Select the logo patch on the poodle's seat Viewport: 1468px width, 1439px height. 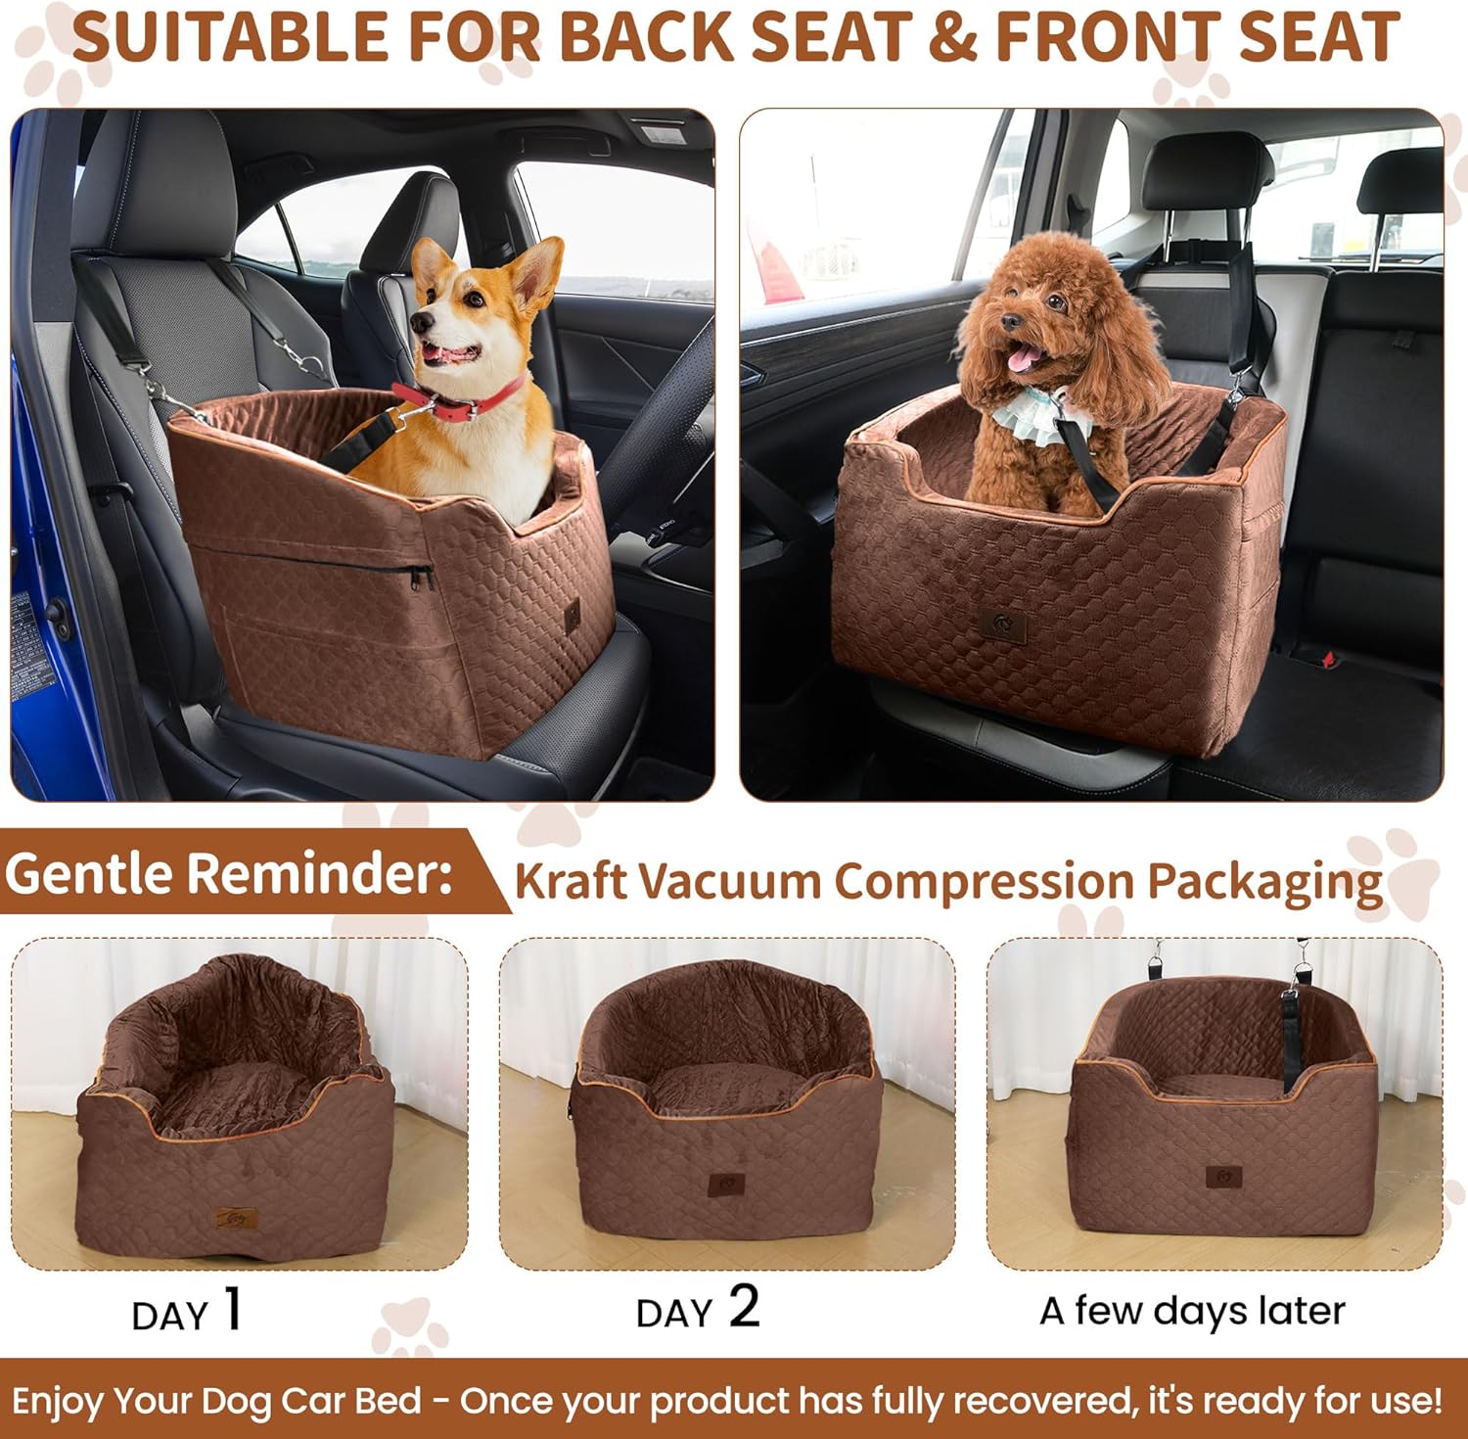pyautogui.click(x=1003, y=627)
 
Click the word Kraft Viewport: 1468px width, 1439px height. pyautogui.click(x=570, y=881)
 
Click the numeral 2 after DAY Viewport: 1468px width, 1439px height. pyautogui.click(x=744, y=1308)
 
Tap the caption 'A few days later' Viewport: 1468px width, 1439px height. pyautogui.click(x=1192, y=1311)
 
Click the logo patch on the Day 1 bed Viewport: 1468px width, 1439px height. pyautogui.click(x=231, y=1220)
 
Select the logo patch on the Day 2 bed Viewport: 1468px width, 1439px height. pyautogui.click(x=725, y=1184)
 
